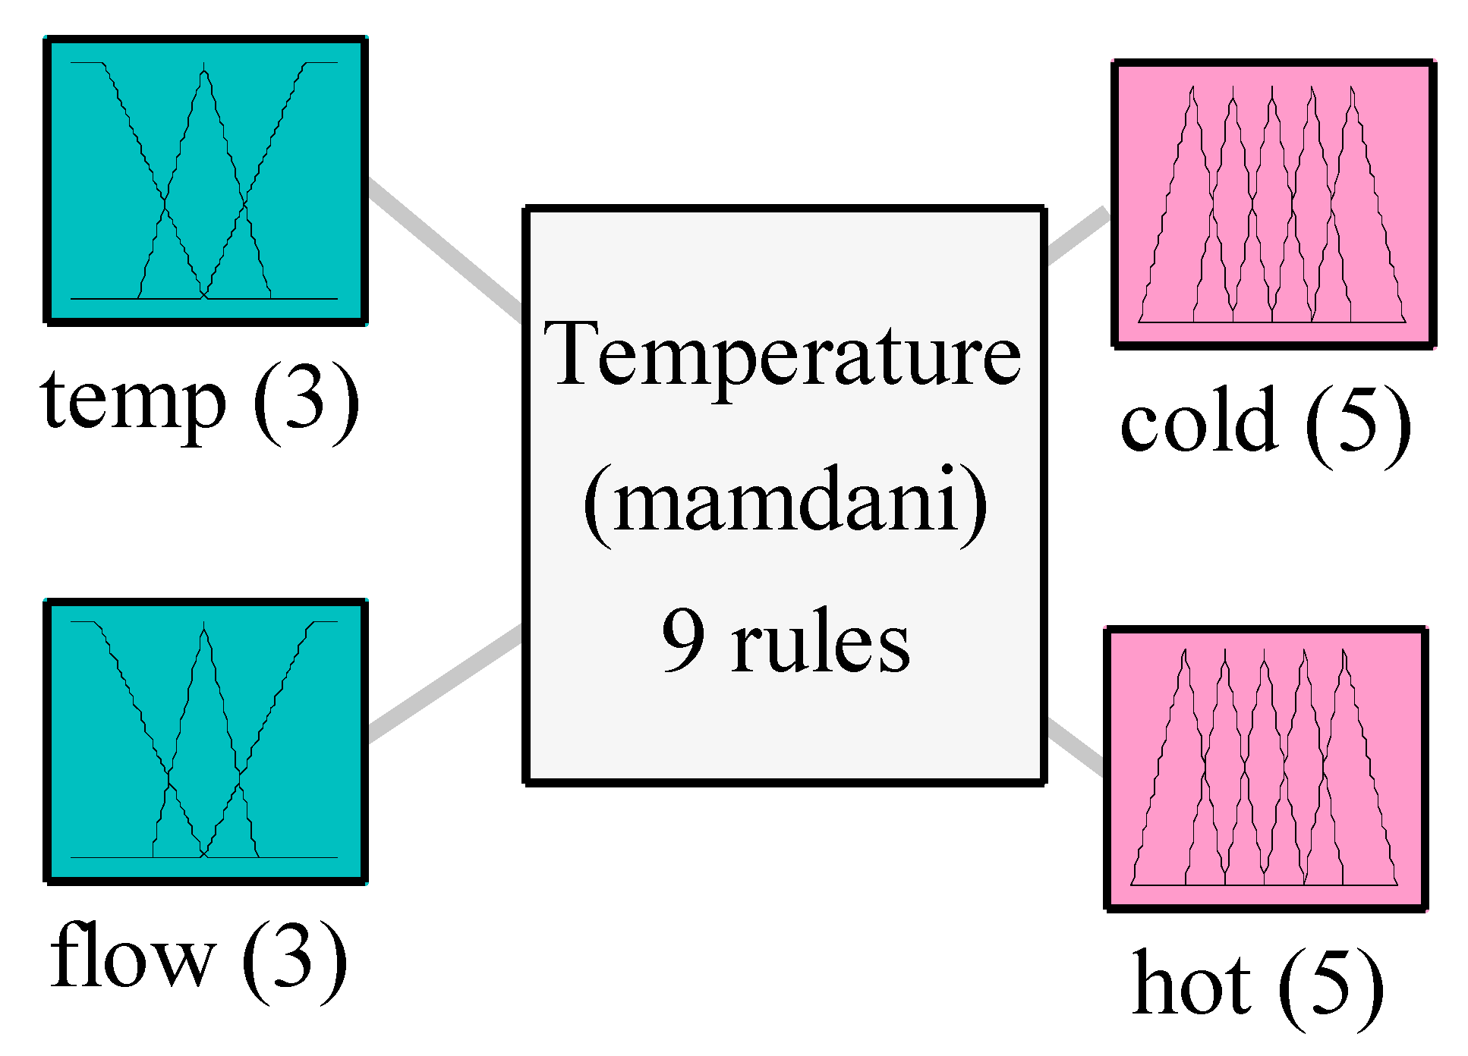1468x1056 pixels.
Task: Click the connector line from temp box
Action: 444,247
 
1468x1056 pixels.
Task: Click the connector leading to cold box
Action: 1076,236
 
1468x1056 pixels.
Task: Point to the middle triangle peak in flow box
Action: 204,630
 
